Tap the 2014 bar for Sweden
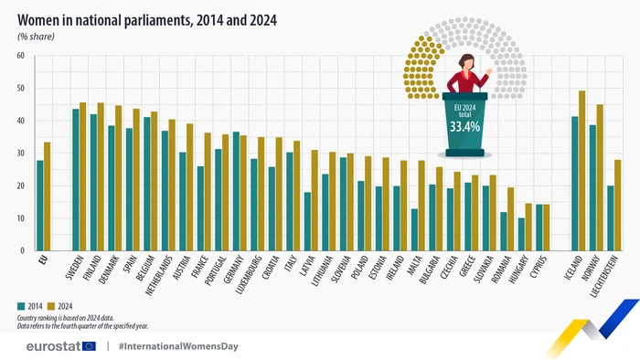pos(76,179)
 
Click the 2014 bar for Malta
pos(414,229)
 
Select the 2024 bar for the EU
pos(47,196)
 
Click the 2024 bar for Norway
pos(600,177)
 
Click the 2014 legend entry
pos(31,307)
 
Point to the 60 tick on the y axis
pos(19,56)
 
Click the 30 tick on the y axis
pos(19,154)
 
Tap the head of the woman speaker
pos(466,62)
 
